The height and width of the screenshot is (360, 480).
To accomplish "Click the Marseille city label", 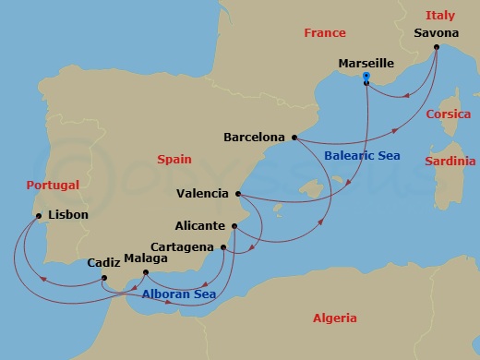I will pyautogui.click(x=366, y=64).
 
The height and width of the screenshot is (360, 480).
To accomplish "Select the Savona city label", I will pyautogui.click(x=437, y=33).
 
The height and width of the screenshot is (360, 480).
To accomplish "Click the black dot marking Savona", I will pyautogui.click(x=437, y=46).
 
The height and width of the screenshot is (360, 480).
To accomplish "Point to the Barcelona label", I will pyautogui.click(x=254, y=138).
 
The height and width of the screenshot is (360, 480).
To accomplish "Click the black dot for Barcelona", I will pyautogui.click(x=294, y=138).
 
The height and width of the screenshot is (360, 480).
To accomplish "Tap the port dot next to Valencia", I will pyautogui.click(x=238, y=194).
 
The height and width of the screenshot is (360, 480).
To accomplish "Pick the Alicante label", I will pyautogui.click(x=200, y=225).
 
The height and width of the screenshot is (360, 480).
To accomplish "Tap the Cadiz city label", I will pyautogui.click(x=103, y=263).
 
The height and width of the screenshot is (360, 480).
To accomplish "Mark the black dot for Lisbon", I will pyautogui.click(x=39, y=216).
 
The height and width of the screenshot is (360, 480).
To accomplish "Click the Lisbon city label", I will pyautogui.click(x=67, y=215).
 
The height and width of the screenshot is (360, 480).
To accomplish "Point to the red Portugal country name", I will pyautogui.click(x=52, y=185).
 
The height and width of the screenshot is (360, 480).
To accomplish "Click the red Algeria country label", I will pyautogui.click(x=334, y=318).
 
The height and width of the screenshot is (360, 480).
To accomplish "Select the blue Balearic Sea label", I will pyautogui.click(x=362, y=156).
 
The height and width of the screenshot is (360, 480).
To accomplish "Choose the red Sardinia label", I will pyautogui.click(x=450, y=161).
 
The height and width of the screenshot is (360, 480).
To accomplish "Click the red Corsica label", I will pyautogui.click(x=449, y=114).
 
